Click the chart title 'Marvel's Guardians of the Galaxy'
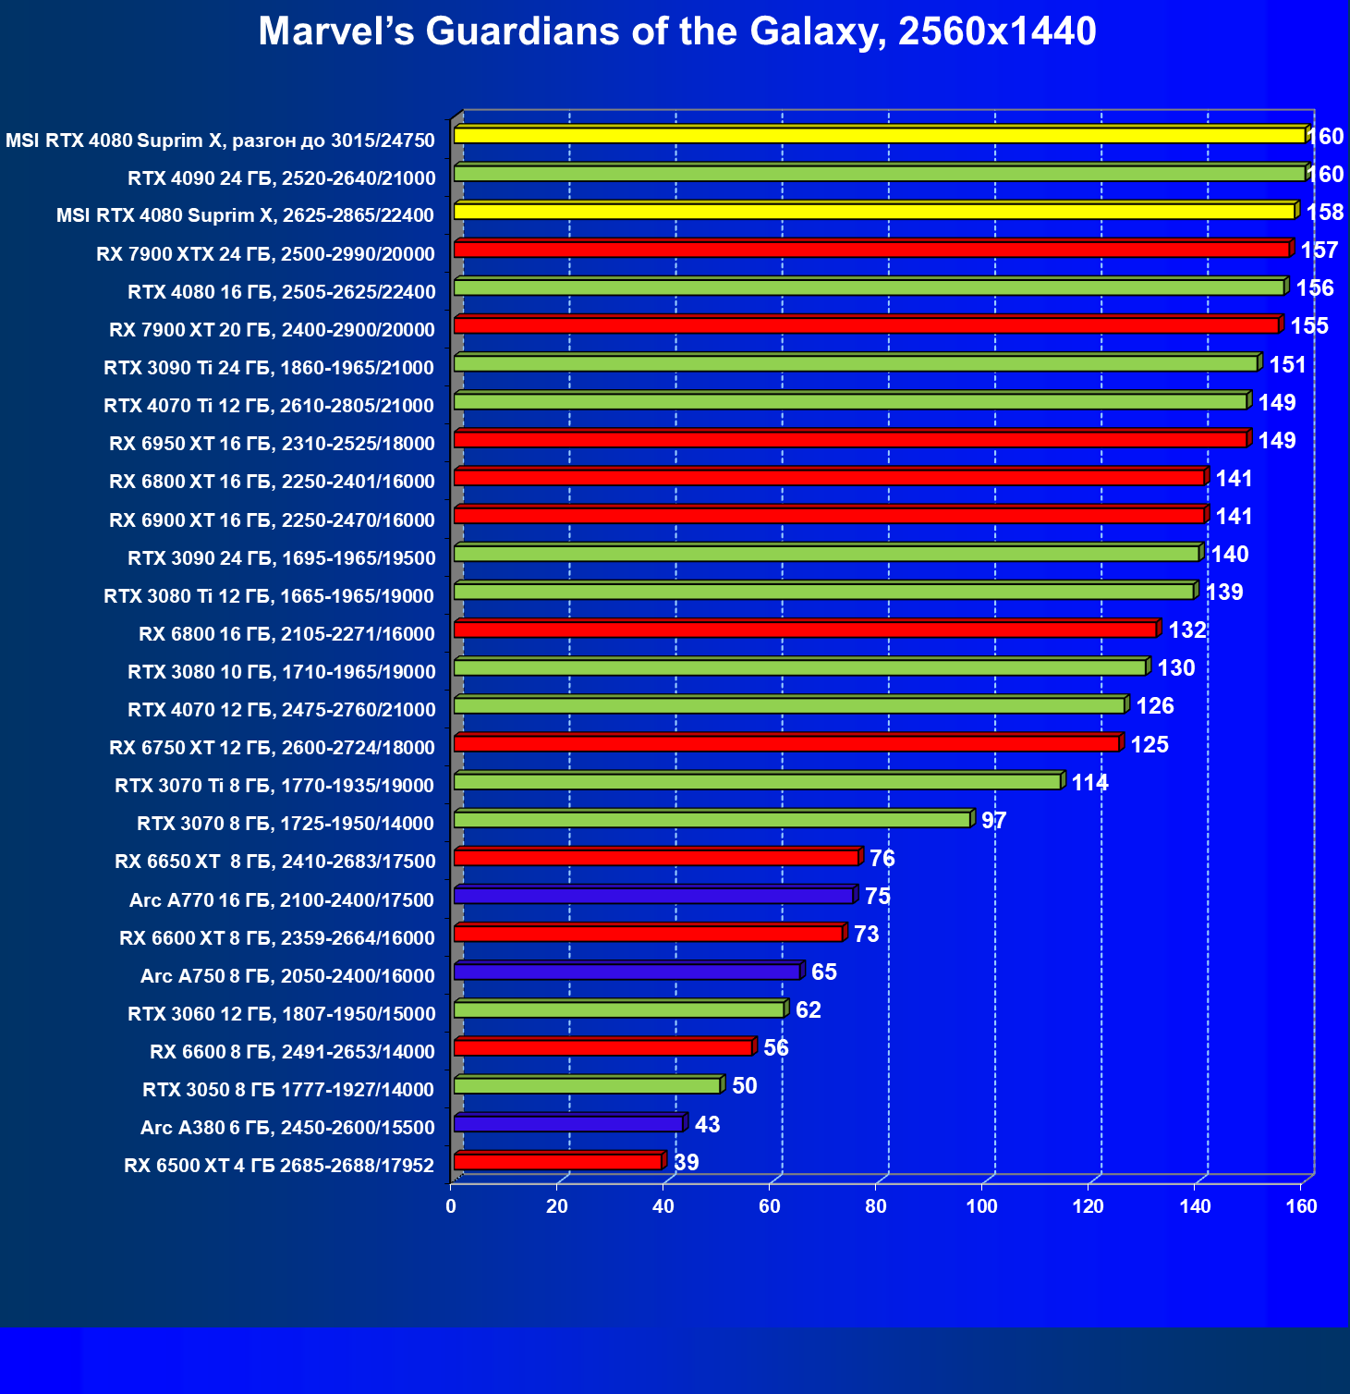click(x=676, y=31)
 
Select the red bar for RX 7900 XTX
click(x=871, y=250)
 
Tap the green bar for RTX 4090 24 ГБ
click(x=879, y=174)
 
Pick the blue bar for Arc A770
click(x=653, y=896)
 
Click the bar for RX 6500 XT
click(x=558, y=1162)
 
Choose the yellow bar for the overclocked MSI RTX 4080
click(x=879, y=136)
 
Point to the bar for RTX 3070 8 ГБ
click(x=711, y=820)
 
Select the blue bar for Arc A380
click(x=568, y=1124)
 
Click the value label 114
click(x=1089, y=783)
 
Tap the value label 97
click(x=993, y=821)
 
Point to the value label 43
click(x=707, y=1125)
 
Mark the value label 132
click(x=1187, y=630)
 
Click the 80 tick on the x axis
click(x=875, y=1206)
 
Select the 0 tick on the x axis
click(x=451, y=1206)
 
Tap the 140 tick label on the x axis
click(x=1195, y=1206)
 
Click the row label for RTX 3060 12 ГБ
click(x=281, y=1014)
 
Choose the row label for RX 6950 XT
click(x=272, y=444)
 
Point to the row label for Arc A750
click(x=287, y=976)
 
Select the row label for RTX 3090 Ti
click(x=269, y=368)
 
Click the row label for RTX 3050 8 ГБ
click(x=288, y=1090)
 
